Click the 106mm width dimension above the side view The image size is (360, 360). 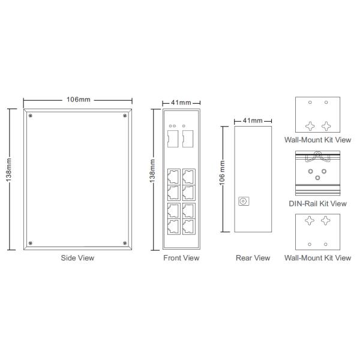79,100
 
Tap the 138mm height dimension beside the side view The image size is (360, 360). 9,170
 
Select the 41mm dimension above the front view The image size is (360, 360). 181,103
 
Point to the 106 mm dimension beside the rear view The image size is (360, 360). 222,173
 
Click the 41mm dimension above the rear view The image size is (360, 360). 253,121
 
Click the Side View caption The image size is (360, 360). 77,258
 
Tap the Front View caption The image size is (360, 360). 181,258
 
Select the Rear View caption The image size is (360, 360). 253,258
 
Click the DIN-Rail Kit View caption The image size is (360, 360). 317,203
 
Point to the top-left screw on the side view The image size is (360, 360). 31,115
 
